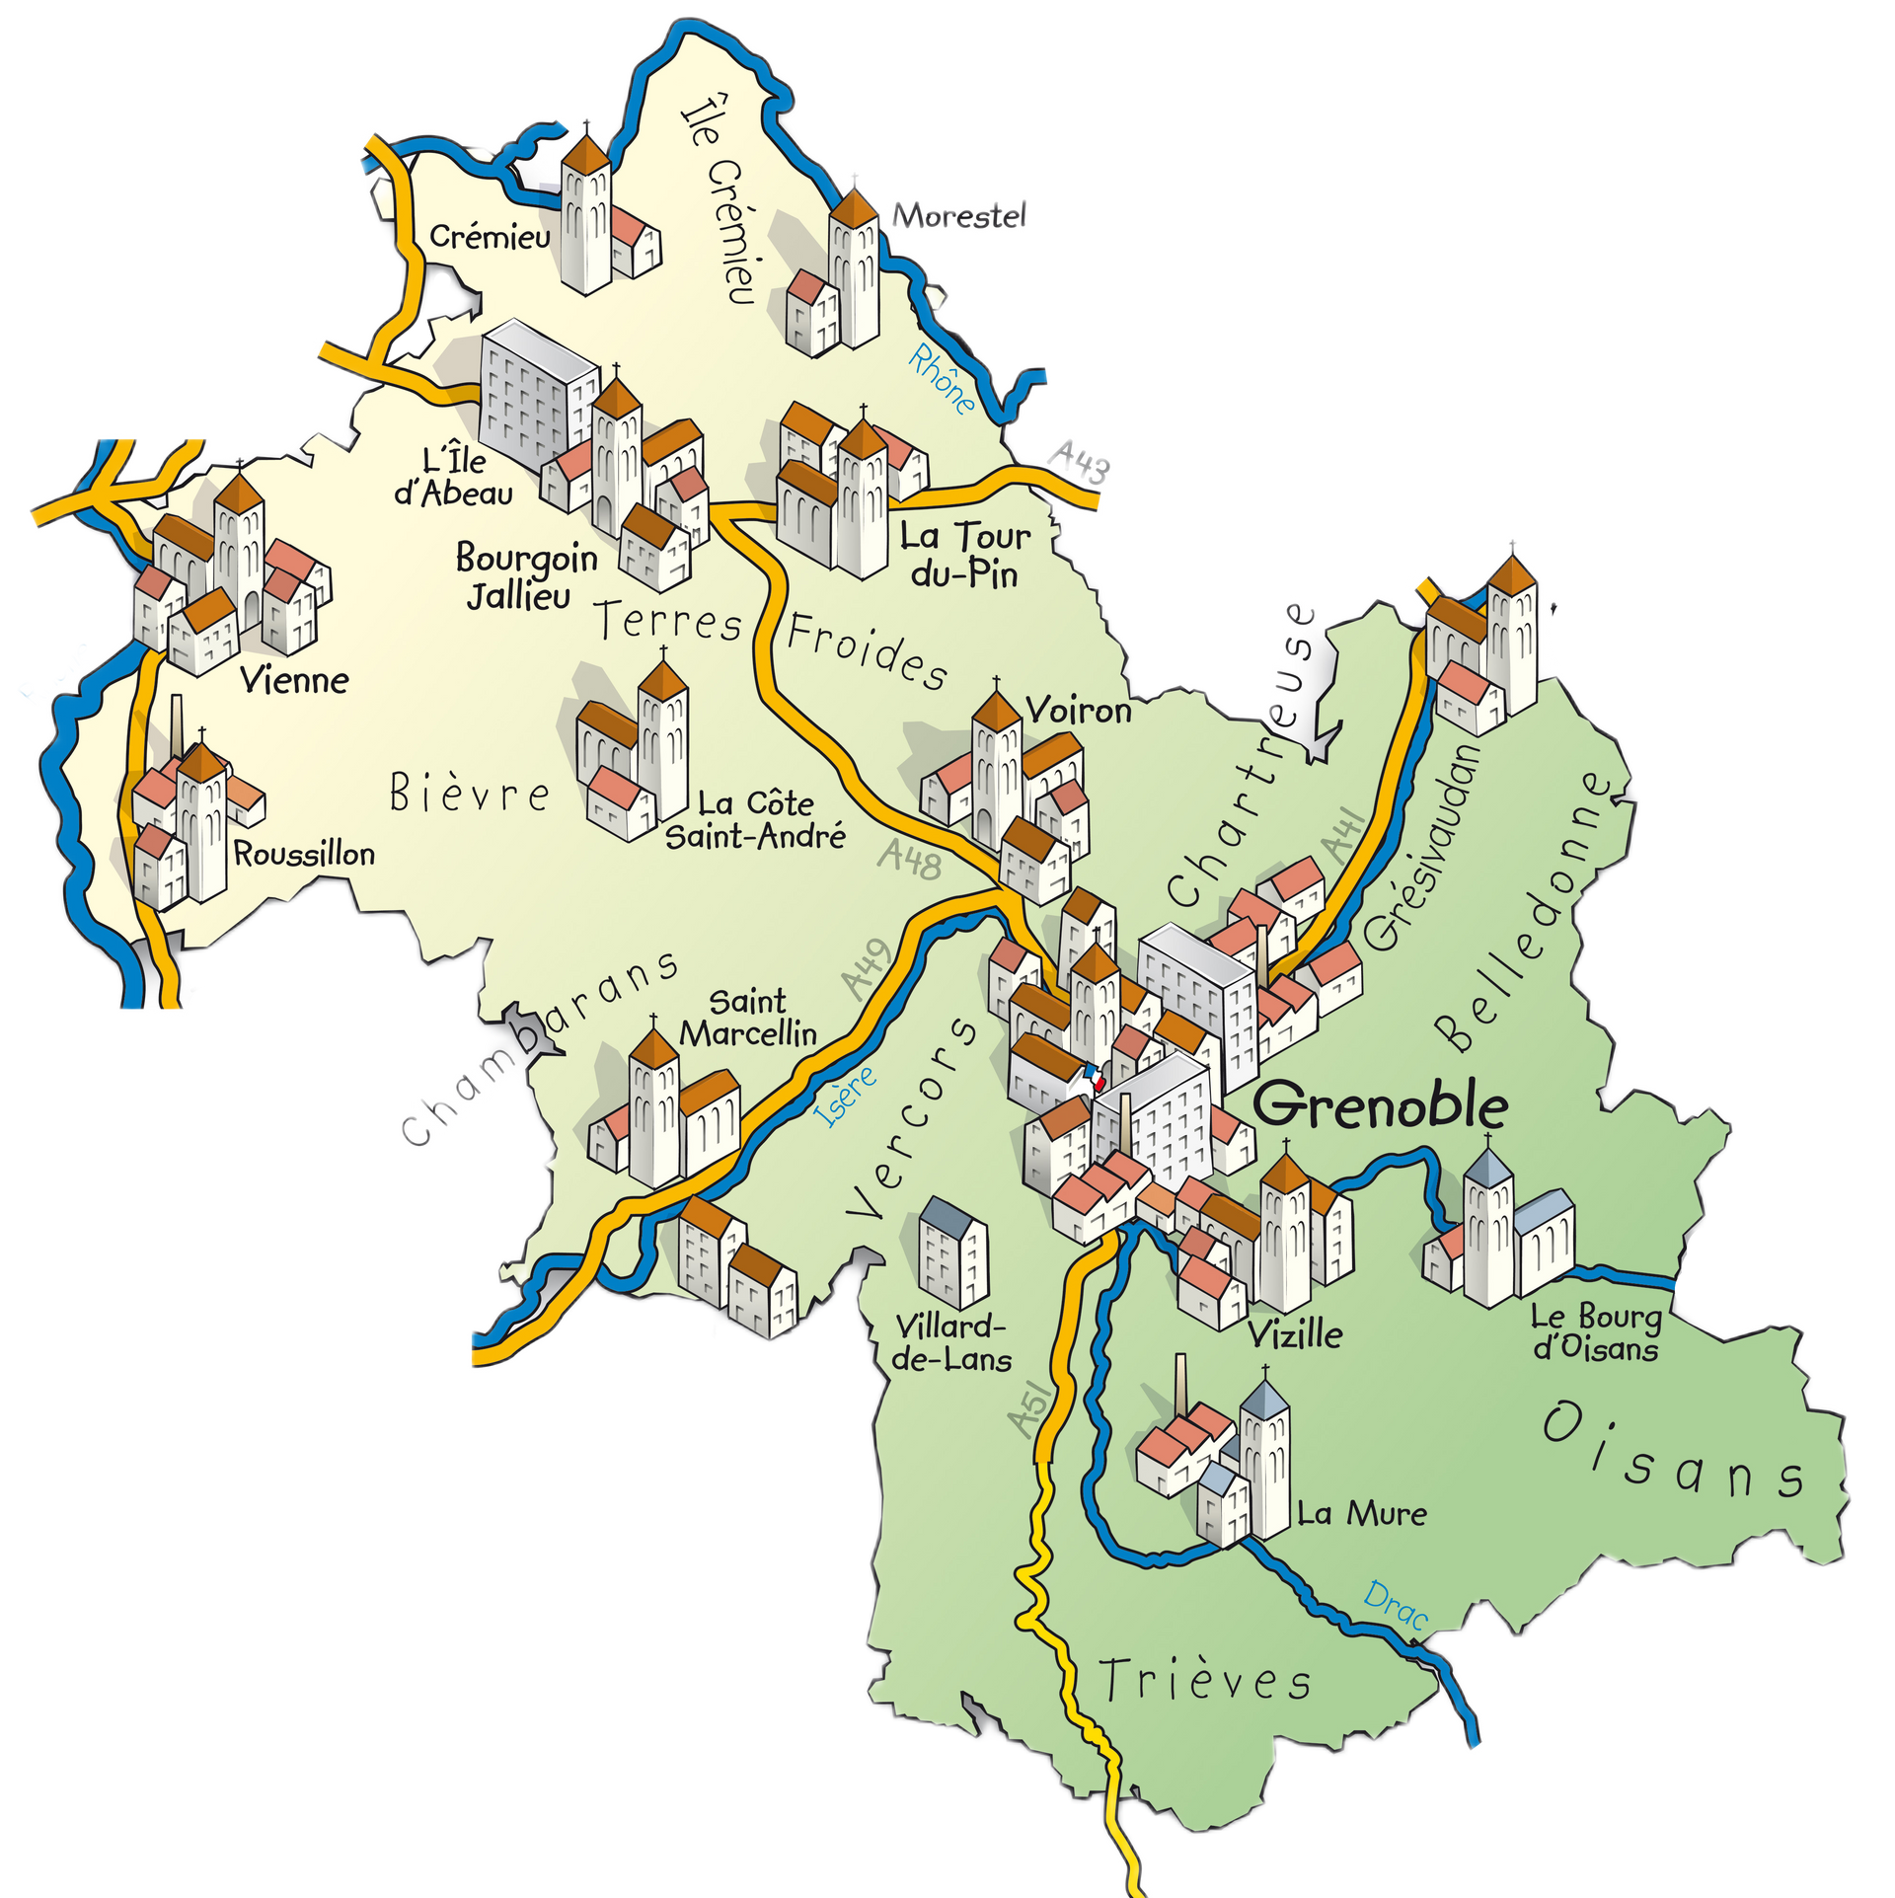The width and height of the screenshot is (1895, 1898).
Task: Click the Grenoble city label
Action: coord(1380,1105)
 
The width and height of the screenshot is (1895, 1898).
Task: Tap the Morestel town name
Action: coord(959,215)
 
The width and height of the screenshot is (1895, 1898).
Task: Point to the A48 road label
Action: coord(909,860)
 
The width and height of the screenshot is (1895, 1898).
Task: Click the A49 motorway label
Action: coord(868,968)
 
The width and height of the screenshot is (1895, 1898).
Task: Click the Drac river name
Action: coord(1396,1605)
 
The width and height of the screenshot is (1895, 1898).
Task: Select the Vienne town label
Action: coord(295,680)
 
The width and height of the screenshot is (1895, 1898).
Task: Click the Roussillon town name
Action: coord(304,853)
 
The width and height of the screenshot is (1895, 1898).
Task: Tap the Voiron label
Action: coord(1078,710)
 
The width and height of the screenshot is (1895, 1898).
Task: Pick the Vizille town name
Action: coord(1295,1334)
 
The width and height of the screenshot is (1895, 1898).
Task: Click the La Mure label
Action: coord(1362,1514)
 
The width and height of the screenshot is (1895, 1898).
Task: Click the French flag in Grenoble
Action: coord(1092,1075)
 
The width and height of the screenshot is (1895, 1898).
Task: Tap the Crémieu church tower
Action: coord(585,212)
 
